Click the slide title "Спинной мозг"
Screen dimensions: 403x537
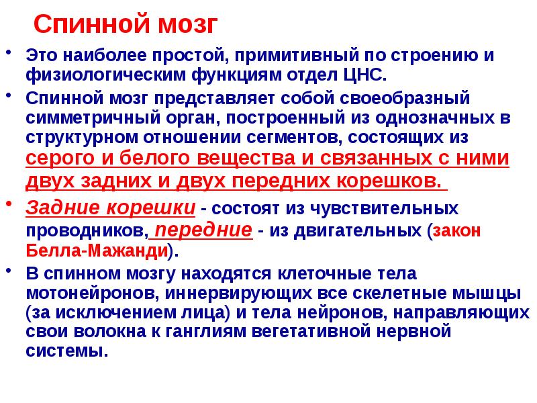(126, 26)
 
